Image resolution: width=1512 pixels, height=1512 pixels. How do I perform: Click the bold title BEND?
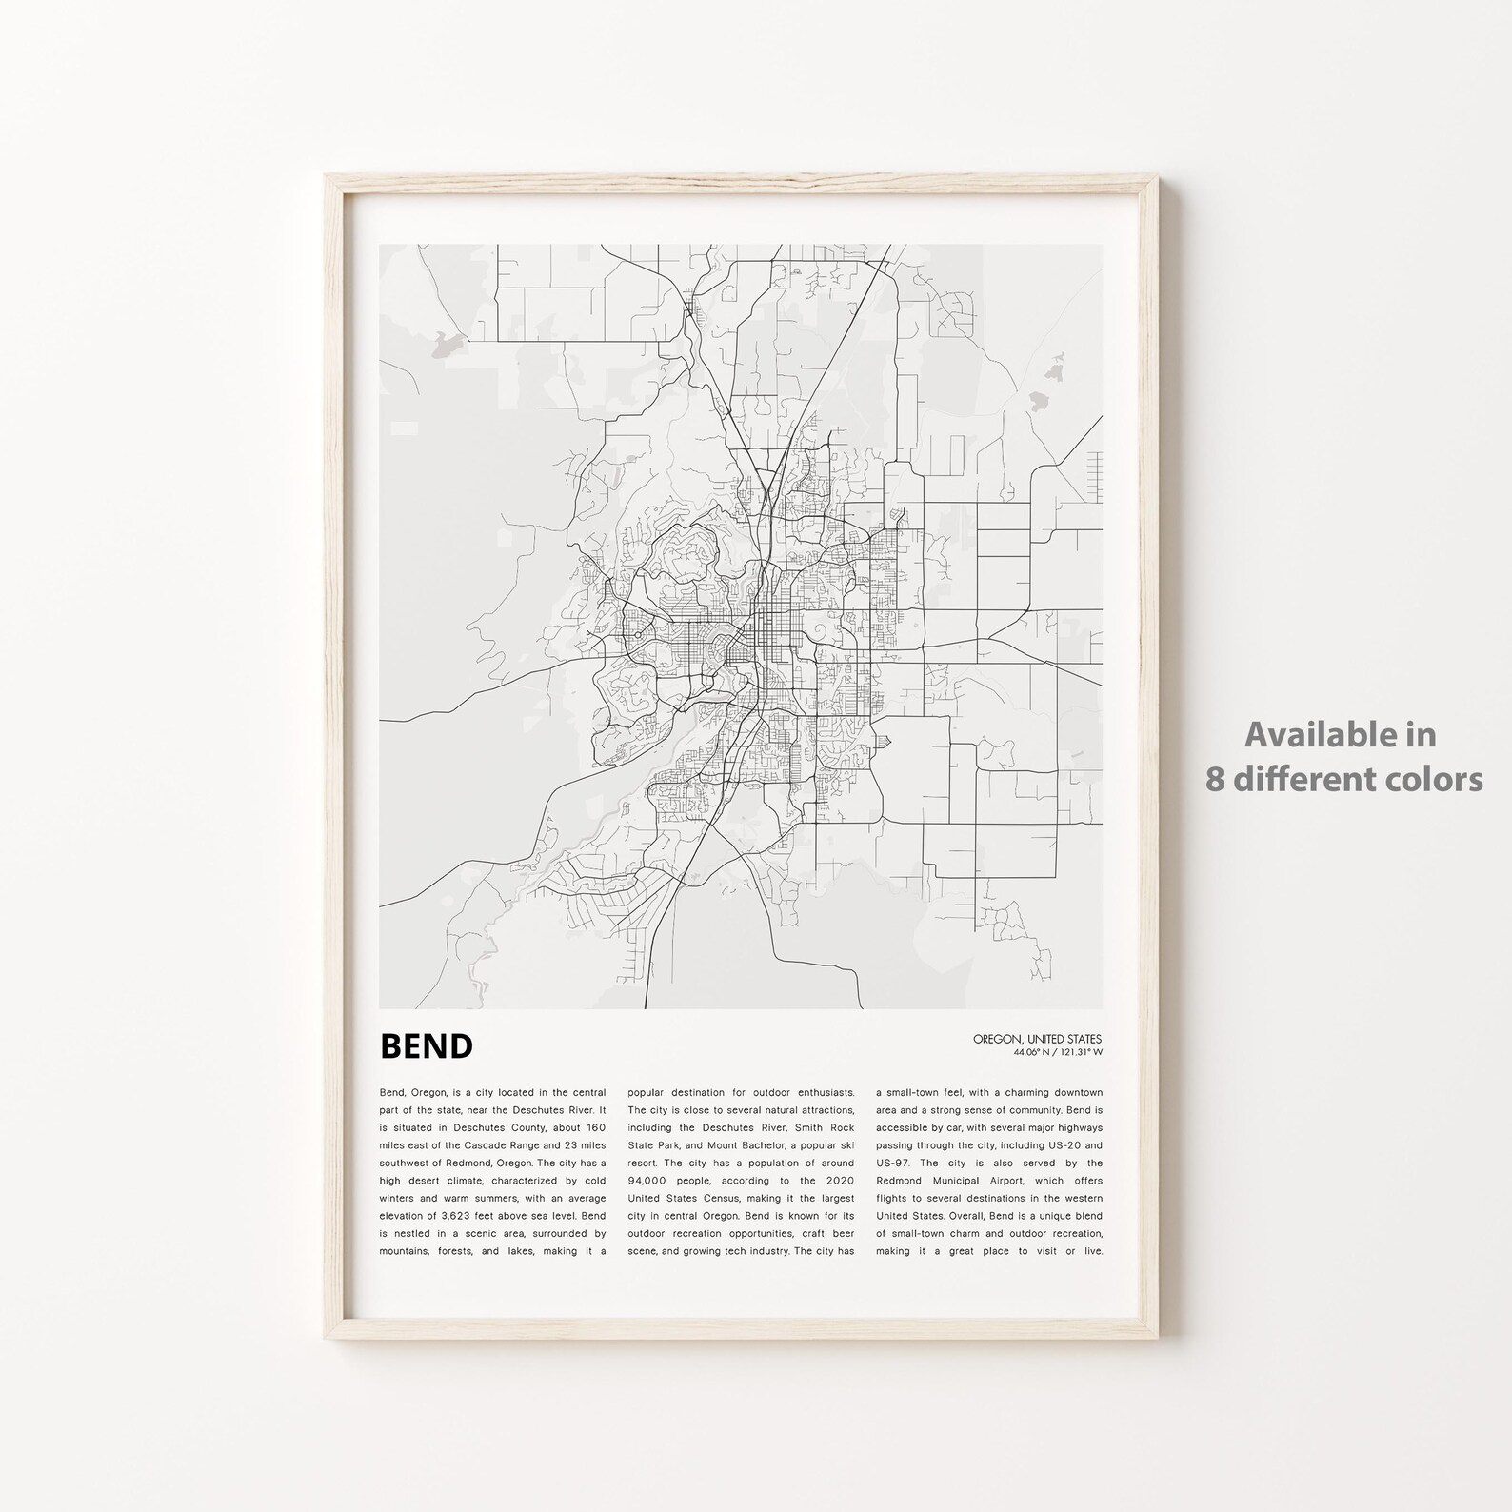(x=426, y=1046)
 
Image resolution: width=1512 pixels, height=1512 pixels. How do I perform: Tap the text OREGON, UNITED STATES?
(x=1037, y=1040)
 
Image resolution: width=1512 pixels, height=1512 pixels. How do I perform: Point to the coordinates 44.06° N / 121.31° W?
(x=1058, y=1052)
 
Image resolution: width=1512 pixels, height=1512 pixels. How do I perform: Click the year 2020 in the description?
(x=838, y=1181)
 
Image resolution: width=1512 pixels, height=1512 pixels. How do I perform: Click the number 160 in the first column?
(x=591, y=1127)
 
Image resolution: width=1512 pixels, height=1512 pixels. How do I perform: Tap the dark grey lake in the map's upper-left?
(x=448, y=344)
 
